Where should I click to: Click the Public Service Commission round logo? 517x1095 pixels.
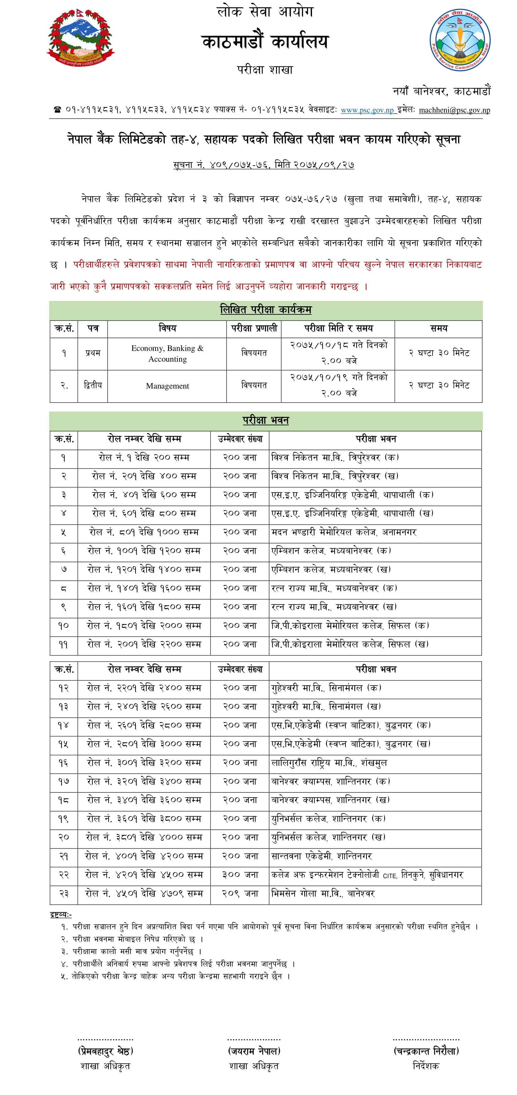(x=460, y=40)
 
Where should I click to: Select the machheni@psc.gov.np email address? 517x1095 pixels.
(x=454, y=110)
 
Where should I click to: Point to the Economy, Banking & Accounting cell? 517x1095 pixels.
(x=167, y=353)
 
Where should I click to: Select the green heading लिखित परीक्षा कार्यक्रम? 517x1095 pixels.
(x=265, y=310)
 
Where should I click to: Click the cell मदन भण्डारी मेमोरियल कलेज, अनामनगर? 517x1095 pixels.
(x=344, y=532)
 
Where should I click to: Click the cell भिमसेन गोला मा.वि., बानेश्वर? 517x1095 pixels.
(x=323, y=894)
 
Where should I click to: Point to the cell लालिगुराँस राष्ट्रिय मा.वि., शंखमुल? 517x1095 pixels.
(x=329, y=763)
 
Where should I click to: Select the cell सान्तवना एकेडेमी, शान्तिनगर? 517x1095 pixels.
(x=321, y=856)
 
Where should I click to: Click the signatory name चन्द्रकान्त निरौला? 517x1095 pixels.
(x=426, y=1051)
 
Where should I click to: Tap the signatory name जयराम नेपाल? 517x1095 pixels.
(x=254, y=1051)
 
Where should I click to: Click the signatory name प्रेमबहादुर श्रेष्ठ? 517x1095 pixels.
(x=105, y=1051)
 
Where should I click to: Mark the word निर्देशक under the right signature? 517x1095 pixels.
(x=426, y=1066)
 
